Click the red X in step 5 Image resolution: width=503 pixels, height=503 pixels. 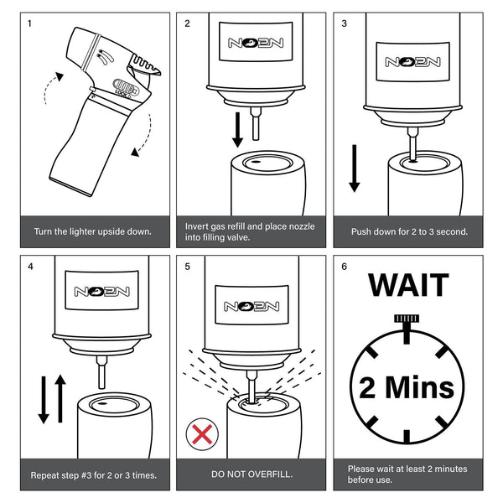click(202, 434)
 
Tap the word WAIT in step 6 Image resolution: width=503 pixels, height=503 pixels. click(408, 285)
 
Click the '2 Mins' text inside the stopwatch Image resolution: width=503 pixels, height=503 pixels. click(407, 387)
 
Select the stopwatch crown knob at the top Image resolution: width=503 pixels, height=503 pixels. click(407, 319)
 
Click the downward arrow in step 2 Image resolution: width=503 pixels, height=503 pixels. click(238, 130)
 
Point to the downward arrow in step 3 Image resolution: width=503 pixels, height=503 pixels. click(354, 169)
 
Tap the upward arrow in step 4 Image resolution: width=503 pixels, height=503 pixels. click(60, 398)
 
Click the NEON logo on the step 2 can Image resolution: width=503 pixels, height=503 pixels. click(256, 43)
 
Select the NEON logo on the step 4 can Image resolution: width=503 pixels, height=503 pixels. click(101, 291)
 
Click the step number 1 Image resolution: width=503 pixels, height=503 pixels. click(30, 23)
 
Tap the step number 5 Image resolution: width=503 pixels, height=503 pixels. click(187, 267)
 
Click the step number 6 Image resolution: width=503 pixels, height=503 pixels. click(345, 267)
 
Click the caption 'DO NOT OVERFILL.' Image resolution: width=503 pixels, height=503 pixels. click(251, 474)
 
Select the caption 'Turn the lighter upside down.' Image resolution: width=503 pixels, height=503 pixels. click(93, 231)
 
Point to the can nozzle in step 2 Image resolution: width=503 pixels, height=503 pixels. click(256, 124)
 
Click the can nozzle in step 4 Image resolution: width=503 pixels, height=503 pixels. click(101, 372)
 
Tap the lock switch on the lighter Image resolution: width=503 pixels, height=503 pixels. click(126, 86)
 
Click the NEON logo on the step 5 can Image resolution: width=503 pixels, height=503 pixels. click(251, 306)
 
